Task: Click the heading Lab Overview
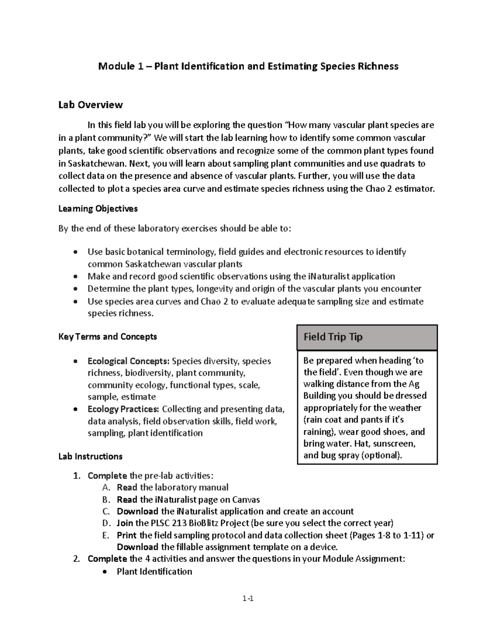click(x=90, y=105)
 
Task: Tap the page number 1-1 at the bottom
click(x=248, y=598)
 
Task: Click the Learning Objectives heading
click(x=98, y=209)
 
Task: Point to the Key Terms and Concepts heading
click(x=108, y=337)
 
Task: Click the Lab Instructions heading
click(x=90, y=456)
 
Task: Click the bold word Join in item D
click(x=125, y=523)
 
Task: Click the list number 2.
click(x=76, y=559)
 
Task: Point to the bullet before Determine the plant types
click(x=75, y=289)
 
